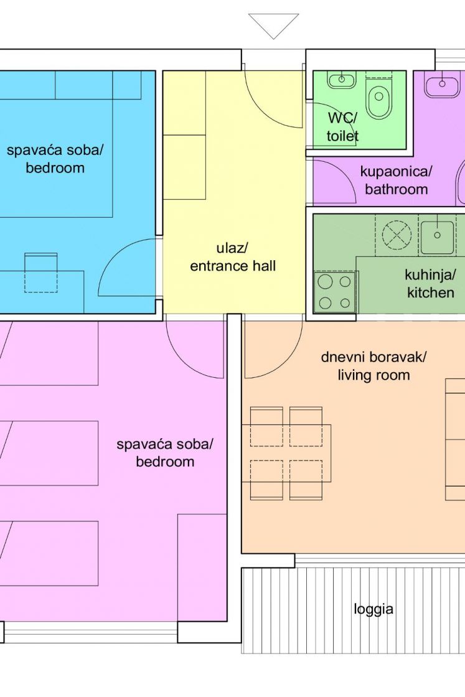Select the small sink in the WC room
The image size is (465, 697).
point(341,80)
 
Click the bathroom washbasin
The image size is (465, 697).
point(442,85)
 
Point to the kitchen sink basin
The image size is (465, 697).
point(438,235)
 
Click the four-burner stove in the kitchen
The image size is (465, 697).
point(335,292)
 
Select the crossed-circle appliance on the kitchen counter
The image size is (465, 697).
point(397,235)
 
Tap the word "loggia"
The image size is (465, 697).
point(373,609)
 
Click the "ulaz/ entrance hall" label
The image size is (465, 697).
point(233,257)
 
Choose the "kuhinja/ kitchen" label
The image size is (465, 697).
point(430,284)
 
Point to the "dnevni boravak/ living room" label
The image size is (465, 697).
point(373,366)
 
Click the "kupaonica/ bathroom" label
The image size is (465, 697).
point(396,180)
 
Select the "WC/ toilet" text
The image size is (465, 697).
point(342,127)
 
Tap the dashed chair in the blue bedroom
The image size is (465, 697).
point(41,273)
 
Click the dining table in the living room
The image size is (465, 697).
point(286,454)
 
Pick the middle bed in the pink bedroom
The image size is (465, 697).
point(49,453)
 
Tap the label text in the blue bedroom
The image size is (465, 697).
point(55,159)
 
